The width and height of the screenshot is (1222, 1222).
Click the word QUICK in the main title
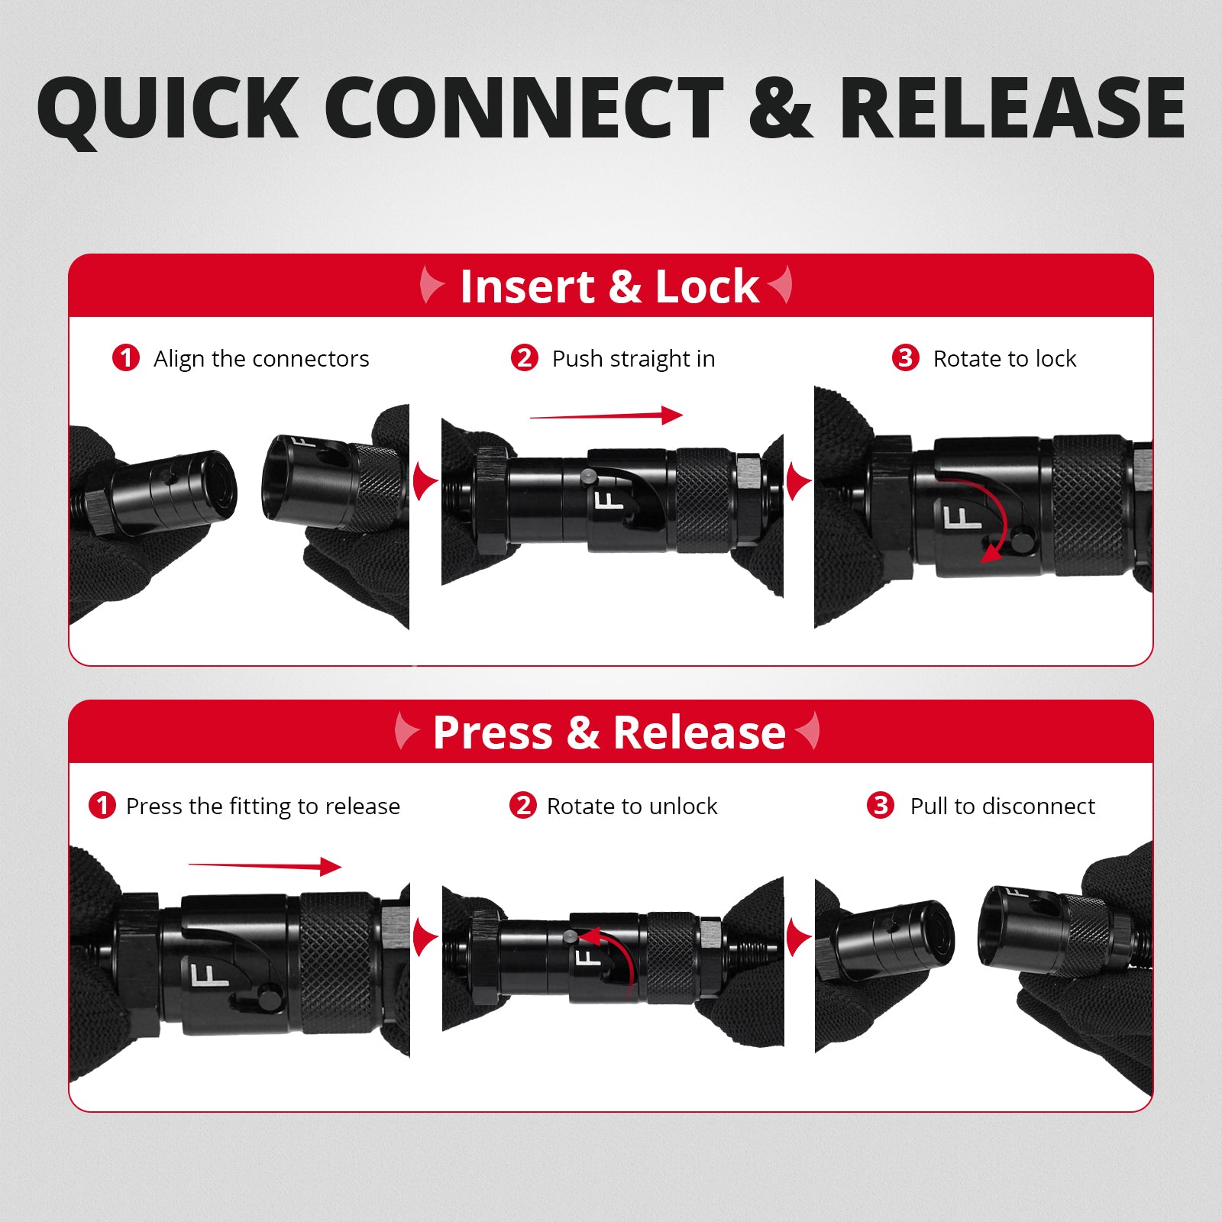[168, 108]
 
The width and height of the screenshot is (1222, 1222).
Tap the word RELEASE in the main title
[1013, 108]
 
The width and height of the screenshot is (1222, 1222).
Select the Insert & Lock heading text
[609, 286]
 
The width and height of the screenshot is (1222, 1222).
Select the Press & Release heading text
[609, 732]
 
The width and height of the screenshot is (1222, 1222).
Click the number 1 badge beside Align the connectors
[126, 357]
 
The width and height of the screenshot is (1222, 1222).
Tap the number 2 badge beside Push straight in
[525, 357]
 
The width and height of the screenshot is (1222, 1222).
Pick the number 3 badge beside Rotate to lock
[906, 357]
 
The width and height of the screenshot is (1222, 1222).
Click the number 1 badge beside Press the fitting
[102, 805]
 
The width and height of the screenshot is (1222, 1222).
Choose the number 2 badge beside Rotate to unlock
[523, 805]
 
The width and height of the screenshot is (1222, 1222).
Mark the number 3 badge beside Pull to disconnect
[881, 805]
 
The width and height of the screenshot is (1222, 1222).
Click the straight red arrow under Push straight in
[606, 416]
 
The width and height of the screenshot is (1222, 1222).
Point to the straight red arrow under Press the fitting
[265, 866]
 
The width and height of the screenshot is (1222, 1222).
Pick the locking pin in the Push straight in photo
[587, 476]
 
